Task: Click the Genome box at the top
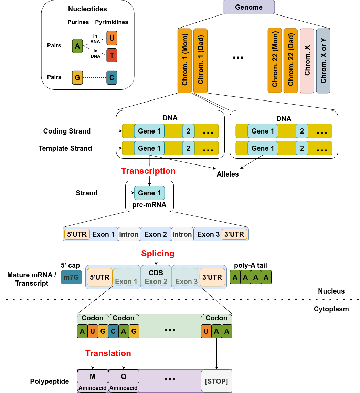[248, 7]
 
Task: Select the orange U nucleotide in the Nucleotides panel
[112, 38]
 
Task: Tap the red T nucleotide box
[112, 55]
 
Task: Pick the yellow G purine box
[77, 77]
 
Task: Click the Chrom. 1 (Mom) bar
[184, 61]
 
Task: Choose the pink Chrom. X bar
[307, 61]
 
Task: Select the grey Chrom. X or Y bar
[323, 61]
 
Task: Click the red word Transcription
[148, 171]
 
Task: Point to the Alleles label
[227, 174]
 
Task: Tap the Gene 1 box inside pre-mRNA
[149, 193]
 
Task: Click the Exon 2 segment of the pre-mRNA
[156, 234]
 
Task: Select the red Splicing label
[158, 254]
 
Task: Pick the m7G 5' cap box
[71, 277]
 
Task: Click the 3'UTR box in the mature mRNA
[212, 277]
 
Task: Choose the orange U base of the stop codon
[206, 331]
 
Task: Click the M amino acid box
[93, 376]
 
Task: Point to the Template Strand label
[65, 148]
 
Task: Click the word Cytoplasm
[331, 309]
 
